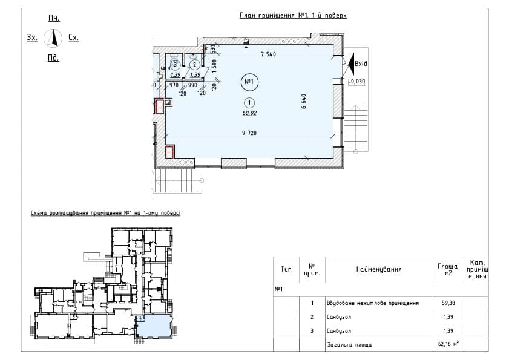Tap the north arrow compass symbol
coord(53,38)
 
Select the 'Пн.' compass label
coord(54,18)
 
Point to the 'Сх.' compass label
coord(74,38)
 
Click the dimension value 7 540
coord(269,54)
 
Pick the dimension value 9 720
coord(249,133)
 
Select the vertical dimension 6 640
coord(304,101)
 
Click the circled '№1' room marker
coord(249,82)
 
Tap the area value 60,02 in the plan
coord(249,113)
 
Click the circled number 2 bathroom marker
coord(194,65)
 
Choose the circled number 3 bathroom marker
coord(176,65)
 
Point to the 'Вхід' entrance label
coord(361,64)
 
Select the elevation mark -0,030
coord(356,82)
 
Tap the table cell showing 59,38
coord(448,303)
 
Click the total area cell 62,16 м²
coord(448,344)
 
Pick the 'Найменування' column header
coord(379,269)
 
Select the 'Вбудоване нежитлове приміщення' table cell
coord(373,303)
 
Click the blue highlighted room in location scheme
coord(153,326)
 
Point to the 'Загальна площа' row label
coord(349,345)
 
